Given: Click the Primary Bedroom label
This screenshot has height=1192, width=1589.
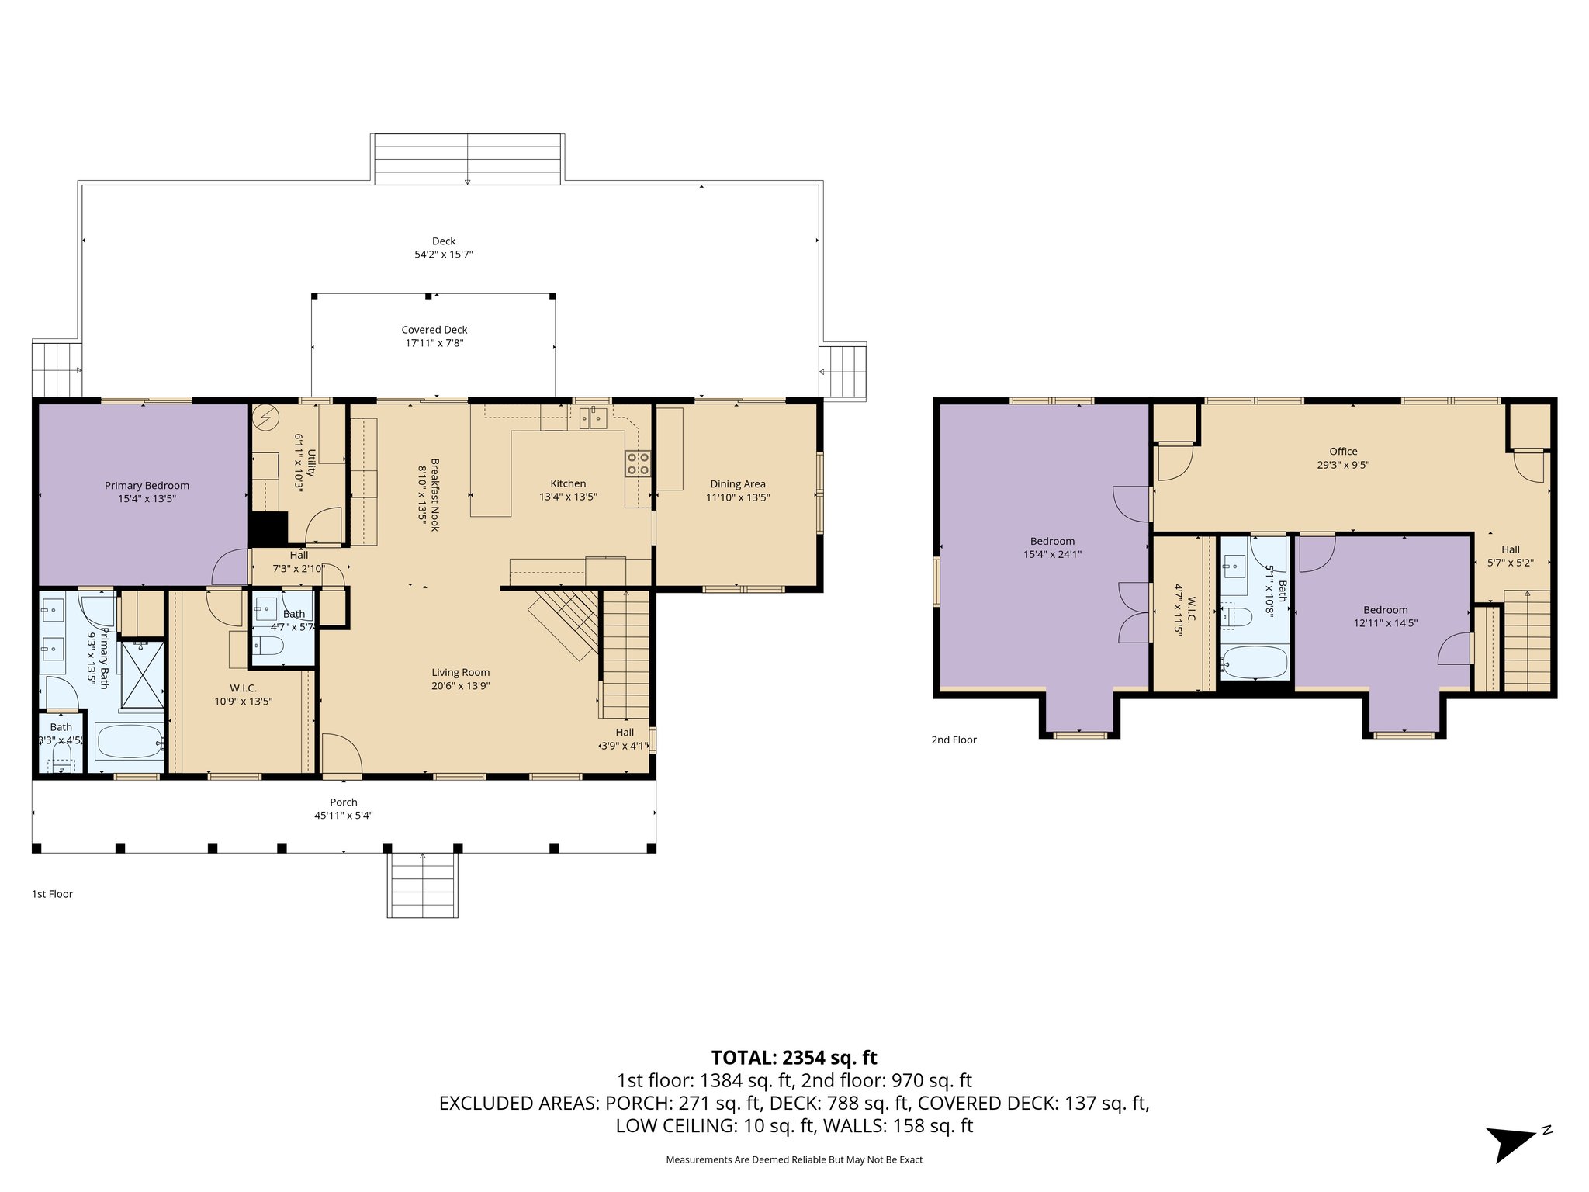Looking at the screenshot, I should (x=147, y=486).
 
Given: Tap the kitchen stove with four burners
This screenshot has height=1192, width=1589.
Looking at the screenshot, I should (x=638, y=463).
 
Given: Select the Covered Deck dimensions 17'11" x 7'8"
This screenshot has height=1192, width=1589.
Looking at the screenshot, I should (x=434, y=343).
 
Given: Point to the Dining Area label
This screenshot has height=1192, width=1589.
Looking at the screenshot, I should (x=737, y=484).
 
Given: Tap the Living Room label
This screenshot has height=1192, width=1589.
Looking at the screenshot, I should (x=460, y=673).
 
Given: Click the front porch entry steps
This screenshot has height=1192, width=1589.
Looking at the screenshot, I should (x=422, y=885).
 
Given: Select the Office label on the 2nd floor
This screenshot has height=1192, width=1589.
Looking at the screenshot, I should (x=1343, y=452).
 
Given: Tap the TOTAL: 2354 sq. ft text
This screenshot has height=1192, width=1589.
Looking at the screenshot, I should (x=794, y=1058).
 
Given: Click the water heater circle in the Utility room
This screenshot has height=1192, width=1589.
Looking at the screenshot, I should (x=266, y=418).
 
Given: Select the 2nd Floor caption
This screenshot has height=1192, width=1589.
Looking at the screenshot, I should (x=954, y=740).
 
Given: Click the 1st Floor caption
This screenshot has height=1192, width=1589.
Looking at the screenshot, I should (x=52, y=894).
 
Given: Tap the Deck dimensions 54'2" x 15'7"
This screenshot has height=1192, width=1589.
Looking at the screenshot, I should (x=443, y=255).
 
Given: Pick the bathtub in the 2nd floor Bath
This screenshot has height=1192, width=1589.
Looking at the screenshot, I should (x=1254, y=662).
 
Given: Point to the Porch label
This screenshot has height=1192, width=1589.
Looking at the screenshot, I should (x=344, y=802).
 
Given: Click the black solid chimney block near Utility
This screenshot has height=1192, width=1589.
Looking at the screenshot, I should (x=267, y=528).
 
